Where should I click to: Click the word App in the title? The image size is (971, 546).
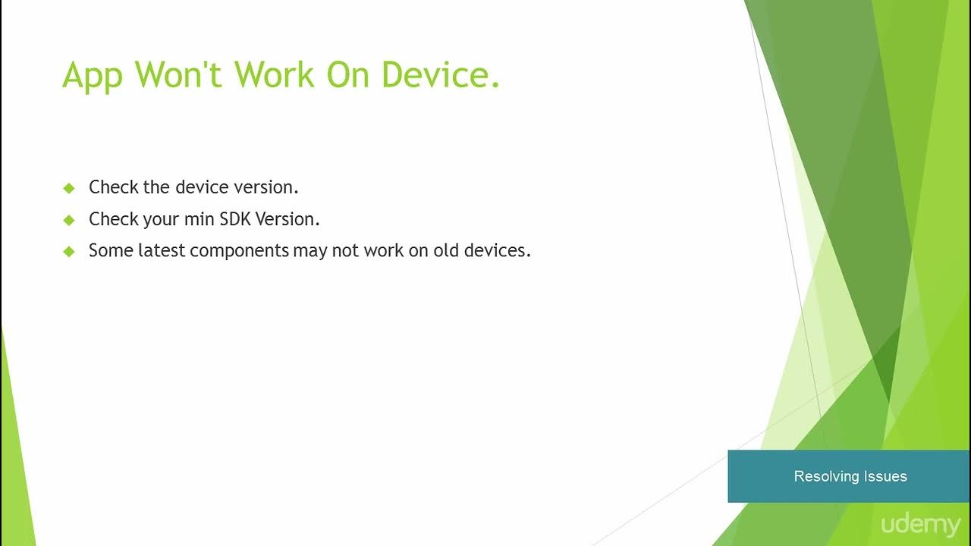92,75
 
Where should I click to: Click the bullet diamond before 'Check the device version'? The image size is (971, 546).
69,187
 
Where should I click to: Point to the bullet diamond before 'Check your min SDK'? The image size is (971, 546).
69,220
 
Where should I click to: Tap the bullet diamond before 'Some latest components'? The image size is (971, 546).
69,251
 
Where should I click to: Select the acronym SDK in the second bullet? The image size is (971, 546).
235,219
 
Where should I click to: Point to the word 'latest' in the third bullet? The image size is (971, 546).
161,250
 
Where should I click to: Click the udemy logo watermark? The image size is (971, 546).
920,525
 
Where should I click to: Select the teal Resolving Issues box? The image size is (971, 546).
849,476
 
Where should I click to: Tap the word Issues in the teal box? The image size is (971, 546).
886,476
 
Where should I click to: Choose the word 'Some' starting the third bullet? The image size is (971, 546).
111,250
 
